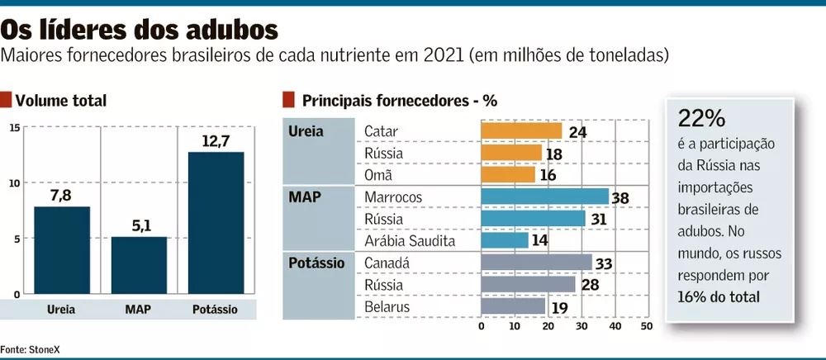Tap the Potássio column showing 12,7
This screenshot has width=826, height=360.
216,223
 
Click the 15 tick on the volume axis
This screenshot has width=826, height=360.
16,127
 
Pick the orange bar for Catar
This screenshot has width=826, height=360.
521,131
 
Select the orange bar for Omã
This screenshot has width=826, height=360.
508,175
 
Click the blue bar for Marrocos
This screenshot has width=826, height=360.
544,197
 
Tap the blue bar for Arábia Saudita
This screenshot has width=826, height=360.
505,240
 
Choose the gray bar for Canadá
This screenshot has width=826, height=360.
536,263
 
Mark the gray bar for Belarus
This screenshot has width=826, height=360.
513,306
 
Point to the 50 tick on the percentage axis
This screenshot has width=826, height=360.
647,326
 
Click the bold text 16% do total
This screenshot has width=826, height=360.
718,296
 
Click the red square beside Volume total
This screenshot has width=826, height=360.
6,101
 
